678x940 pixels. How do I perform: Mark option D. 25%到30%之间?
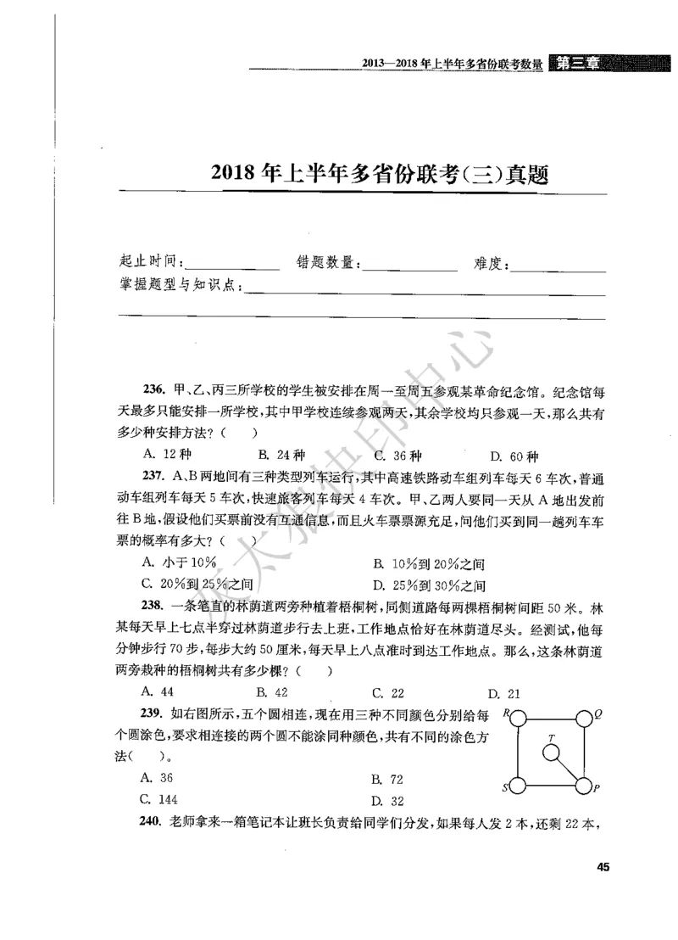[429, 585]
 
